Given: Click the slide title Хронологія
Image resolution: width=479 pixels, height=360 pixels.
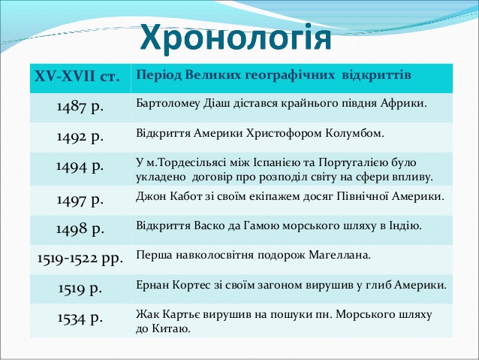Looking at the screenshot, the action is pyautogui.click(x=236, y=38).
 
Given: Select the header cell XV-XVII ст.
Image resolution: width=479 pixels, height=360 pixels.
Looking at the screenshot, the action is pyautogui.click(x=77, y=76).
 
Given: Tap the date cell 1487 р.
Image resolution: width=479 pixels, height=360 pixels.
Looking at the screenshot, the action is pyautogui.click(x=80, y=107).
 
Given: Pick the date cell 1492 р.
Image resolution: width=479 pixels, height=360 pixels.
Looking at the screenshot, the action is pyautogui.click(x=80, y=137).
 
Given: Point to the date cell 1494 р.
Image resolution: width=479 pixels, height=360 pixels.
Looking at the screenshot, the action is pyautogui.click(x=80, y=167).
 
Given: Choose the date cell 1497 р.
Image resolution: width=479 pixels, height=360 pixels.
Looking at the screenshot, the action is pyautogui.click(x=80, y=201).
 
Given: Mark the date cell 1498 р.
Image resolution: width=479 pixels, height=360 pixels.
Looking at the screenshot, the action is pyautogui.click(x=80, y=229).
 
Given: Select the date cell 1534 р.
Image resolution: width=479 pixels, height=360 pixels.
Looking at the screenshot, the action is pyautogui.click(x=80, y=319).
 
